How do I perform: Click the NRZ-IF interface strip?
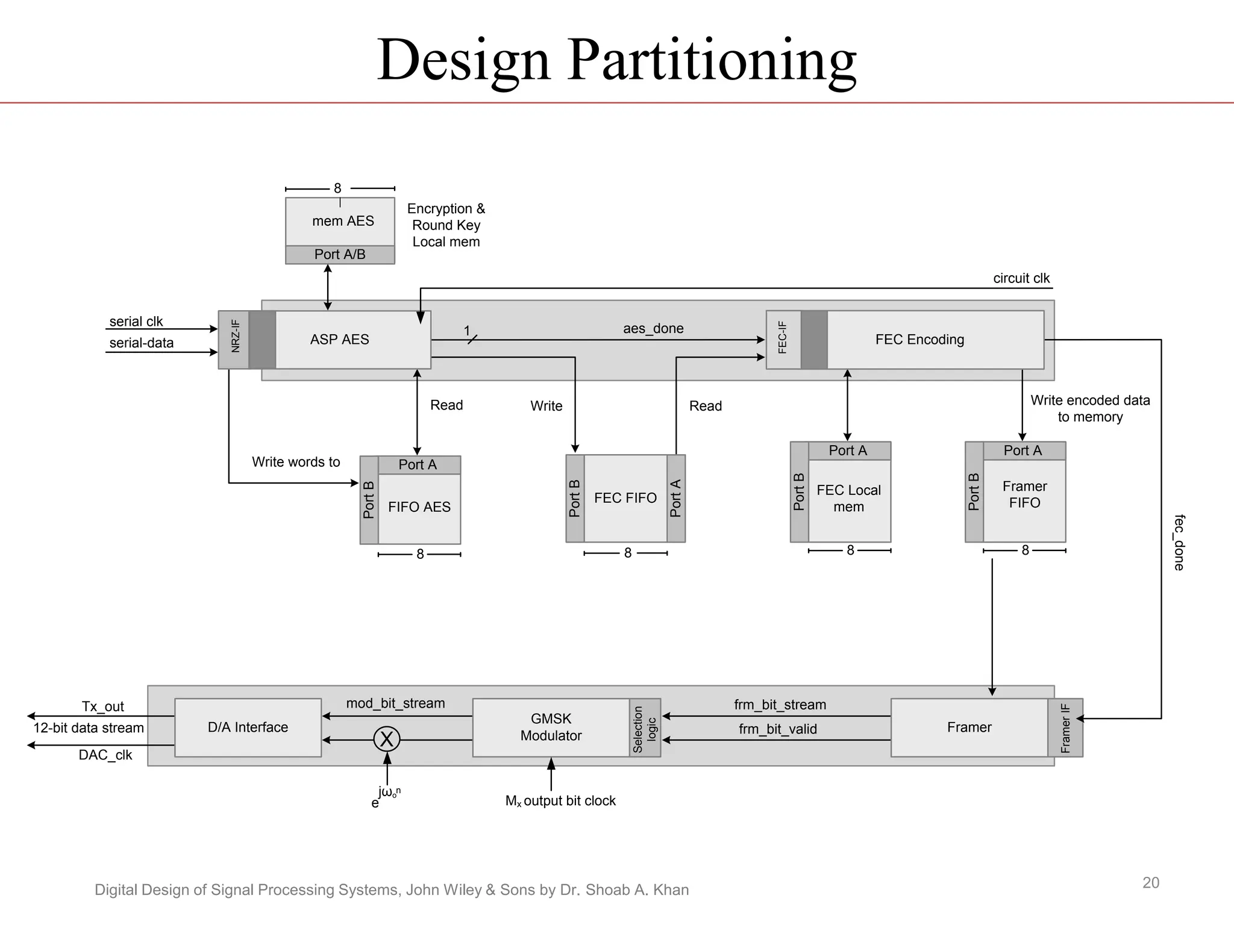tap(234, 339)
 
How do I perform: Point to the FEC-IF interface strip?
tap(783, 339)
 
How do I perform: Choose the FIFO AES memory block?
tap(419, 508)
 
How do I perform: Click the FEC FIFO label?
tap(625, 498)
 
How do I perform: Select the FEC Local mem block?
tap(849, 499)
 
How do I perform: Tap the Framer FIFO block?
tap(1024, 495)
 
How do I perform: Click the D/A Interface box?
tap(248, 727)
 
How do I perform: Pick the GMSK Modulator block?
tap(551, 727)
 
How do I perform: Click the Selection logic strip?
tap(645, 727)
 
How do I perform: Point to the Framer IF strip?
tap(1065, 727)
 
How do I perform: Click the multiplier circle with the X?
tap(387, 739)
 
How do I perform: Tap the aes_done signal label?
tap(653, 328)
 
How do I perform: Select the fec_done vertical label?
tap(1179, 543)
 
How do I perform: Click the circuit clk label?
tap(1021, 278)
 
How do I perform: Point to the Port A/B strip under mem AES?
tap(340, 255)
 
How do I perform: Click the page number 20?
tap(1151, 883)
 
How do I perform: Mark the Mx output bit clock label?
tap(560, 801)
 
